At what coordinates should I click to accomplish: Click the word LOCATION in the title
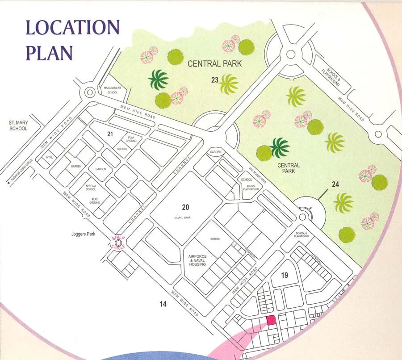[x=73, y=28]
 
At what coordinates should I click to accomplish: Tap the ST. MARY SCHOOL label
[x=18, y=125]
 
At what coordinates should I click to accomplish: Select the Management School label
[x=112, y=90]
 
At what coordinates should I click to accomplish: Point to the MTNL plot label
[x=50, y=158]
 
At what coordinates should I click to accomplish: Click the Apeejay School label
[x=91, y=187]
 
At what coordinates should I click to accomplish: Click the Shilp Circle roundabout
[x=118, y=242]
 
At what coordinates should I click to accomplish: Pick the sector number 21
[x=109, y=134]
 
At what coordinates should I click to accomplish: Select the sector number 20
[x=186, y=207]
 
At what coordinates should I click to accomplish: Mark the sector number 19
[x=285, y=275]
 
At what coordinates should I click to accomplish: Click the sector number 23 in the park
[x=215, y=80]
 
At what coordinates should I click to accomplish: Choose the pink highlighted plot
[x=271, y=321]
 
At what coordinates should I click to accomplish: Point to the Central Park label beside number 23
[x=214, y=64]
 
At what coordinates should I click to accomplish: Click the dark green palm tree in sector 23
[x=159, y=80]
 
